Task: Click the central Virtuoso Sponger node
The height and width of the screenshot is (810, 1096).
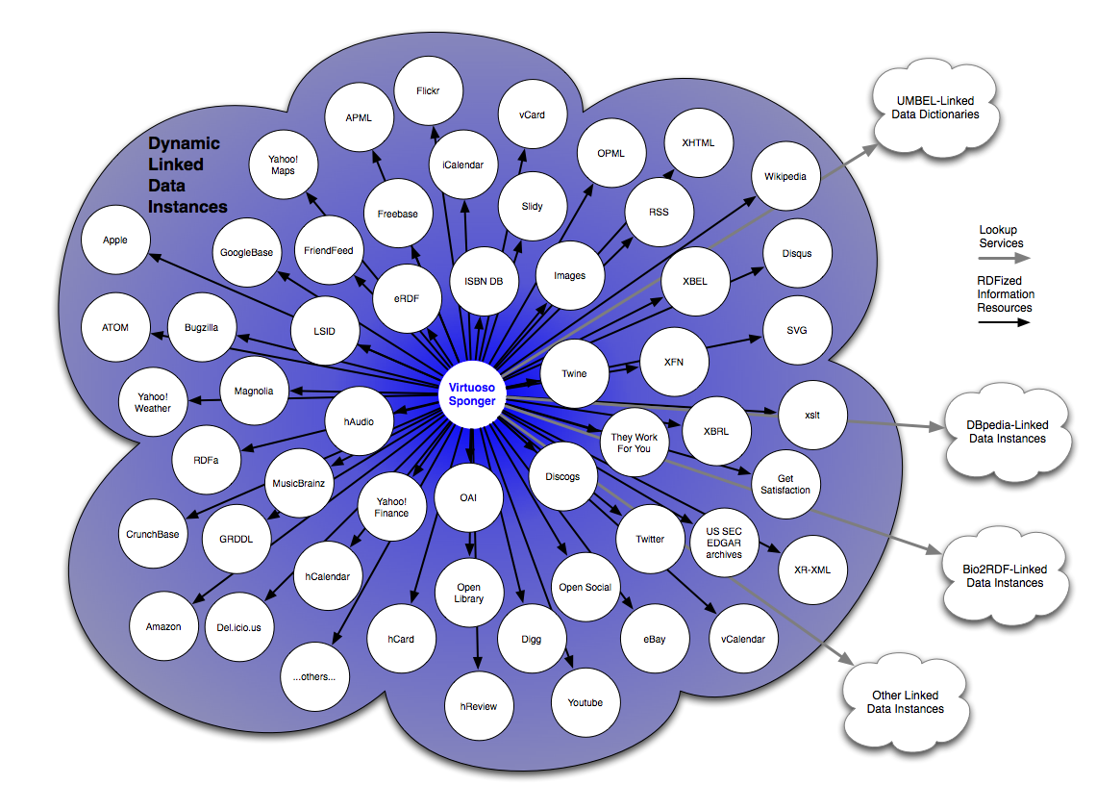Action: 471,394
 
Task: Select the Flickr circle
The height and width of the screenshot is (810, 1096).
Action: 428,90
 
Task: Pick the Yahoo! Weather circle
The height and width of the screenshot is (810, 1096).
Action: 152,401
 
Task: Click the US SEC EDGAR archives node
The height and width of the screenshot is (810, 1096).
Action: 724,541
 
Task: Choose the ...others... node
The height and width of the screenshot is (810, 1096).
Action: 314,676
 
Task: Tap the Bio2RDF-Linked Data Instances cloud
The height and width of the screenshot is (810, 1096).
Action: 1004,576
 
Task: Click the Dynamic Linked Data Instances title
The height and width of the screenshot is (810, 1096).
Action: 186,174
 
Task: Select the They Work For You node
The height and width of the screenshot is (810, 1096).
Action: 635,443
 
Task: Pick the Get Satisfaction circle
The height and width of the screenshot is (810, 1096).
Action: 786,484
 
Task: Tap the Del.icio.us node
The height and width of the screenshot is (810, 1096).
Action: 239,627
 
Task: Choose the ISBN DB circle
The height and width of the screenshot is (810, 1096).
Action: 485,281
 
